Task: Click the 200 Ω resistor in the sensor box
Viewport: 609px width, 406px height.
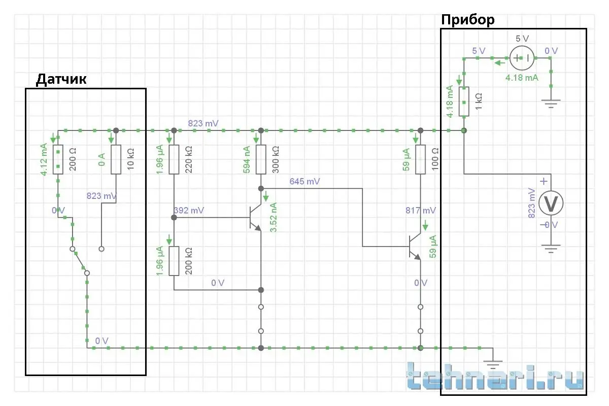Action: [x=58, y=159]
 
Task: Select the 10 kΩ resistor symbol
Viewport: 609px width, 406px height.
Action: [x=116, y=159]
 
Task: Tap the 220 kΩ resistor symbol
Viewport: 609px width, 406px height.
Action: [x=174, y=159]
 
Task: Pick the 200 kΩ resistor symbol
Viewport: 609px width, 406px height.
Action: [x=174, y=261]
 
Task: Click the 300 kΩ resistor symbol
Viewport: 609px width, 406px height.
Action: [x=261, y=159]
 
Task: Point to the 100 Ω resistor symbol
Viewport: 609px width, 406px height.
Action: [x=420, y=159]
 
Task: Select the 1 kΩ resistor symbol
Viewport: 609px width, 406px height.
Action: [x=464, y=101]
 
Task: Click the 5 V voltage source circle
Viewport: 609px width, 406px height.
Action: [x=522, y=58]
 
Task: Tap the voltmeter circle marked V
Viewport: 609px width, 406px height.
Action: [x=551, y=204]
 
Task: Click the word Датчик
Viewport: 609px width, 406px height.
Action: [x=61, y=79]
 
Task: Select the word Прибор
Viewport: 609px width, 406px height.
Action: [x=467, y=20]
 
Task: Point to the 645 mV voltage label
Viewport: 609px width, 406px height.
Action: [x=304, y=181]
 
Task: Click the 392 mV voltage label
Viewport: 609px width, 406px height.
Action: [x=189, y=210]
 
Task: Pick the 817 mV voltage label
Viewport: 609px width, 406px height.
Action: [x=421, y=210]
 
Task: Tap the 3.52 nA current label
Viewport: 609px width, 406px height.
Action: [x=274, y=217]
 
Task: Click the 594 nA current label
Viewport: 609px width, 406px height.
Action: [x=247, y=159]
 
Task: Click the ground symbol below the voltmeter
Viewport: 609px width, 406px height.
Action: [x=551, y=249]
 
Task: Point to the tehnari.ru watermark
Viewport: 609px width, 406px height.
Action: [x=495, y=377]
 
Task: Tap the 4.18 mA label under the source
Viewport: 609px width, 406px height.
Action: [x=522, y=78]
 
